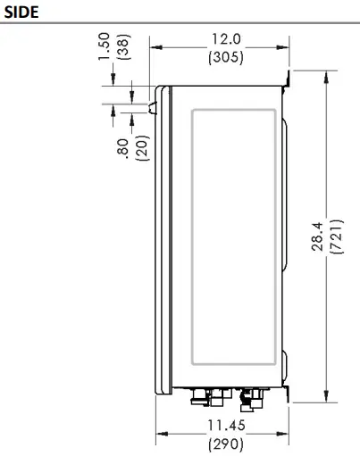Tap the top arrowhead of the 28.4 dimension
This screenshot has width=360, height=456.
pos(328,79)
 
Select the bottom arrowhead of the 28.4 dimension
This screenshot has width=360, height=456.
pos(328,398)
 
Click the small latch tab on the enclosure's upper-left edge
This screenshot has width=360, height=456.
pos(152,108)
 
